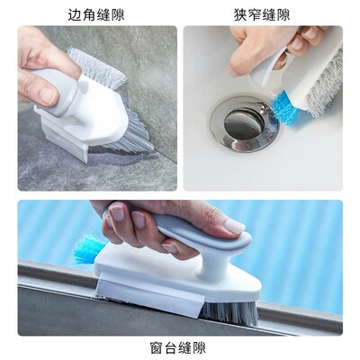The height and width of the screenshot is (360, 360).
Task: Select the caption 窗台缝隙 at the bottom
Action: [x=179, y=346]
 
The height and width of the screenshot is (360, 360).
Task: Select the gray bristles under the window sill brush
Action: [x=230, y=311]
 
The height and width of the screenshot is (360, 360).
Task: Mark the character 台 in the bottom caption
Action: [x=173, y=346]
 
